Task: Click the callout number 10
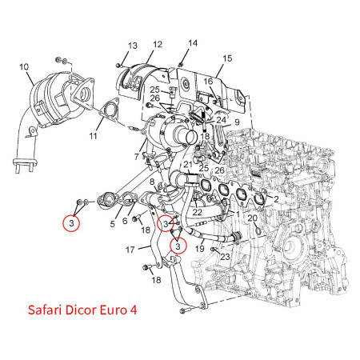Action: click(24, 66)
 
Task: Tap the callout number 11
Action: click(93, 136)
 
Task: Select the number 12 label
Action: click(158, 45)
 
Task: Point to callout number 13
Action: click(133, 46)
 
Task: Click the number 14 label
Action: click(193, 43)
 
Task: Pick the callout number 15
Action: click(227, 58)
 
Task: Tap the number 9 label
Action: click(237, 122)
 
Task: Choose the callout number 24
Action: click(221, 120)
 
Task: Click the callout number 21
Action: click(187, 166)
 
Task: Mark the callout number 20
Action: click(252, 218)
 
